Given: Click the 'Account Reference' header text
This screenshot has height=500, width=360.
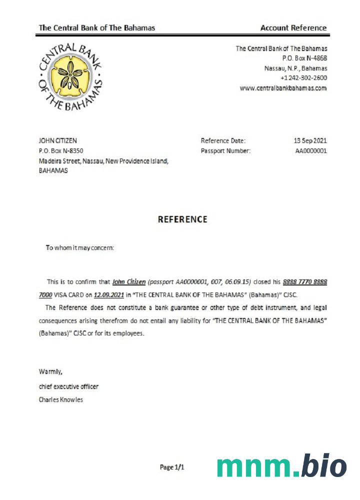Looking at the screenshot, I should [x=293, y=28].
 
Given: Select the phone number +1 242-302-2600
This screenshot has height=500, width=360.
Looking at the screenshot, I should [x=303, y=78].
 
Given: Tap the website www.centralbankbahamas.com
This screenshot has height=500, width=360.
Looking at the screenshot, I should [x=283, y=88].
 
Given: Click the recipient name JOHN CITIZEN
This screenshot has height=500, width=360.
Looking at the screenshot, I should [x=58, y=141].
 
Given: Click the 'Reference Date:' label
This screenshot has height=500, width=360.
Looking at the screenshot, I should [x=223, y=141].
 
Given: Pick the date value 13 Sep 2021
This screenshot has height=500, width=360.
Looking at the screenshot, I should [x=310, y=141].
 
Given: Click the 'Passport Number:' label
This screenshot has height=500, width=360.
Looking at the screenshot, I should [x=226, y=150].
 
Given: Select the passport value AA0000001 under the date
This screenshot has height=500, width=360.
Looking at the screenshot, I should [x=311, y=150].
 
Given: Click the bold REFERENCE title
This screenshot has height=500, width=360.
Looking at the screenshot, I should [x=182, y=219].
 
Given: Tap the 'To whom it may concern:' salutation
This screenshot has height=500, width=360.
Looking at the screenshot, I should [x=80, y=247].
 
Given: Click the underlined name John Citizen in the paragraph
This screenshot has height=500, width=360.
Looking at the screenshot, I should [x=129, y=282].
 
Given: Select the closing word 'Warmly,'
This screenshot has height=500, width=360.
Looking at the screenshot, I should [x=50, y=371].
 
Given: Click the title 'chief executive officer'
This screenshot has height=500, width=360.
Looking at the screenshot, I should [x=69, y=386].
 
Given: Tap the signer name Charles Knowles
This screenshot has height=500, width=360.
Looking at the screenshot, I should [x=61, y=399].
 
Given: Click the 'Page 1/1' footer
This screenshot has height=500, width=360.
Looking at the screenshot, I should [x=172, y=467].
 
